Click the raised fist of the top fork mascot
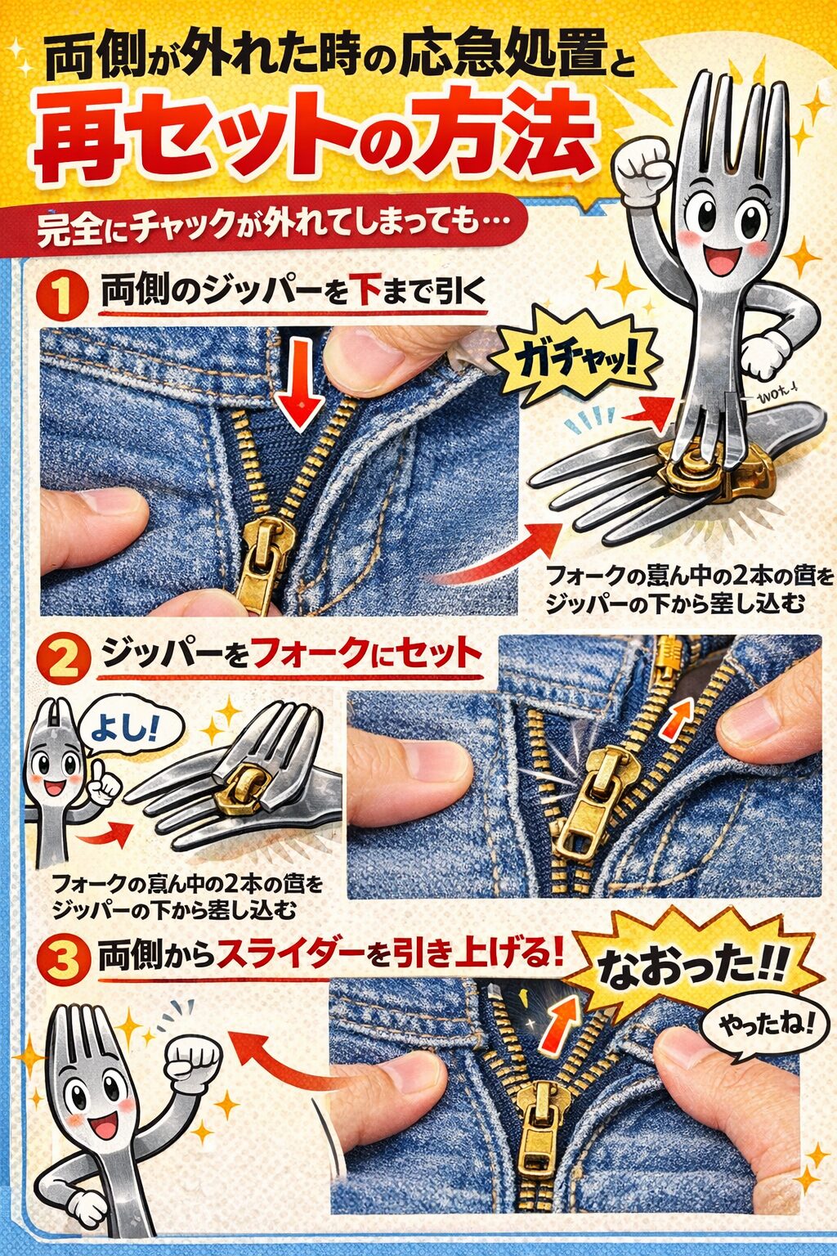click(x=642, y=168)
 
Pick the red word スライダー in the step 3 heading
click(x=289, y=953)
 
